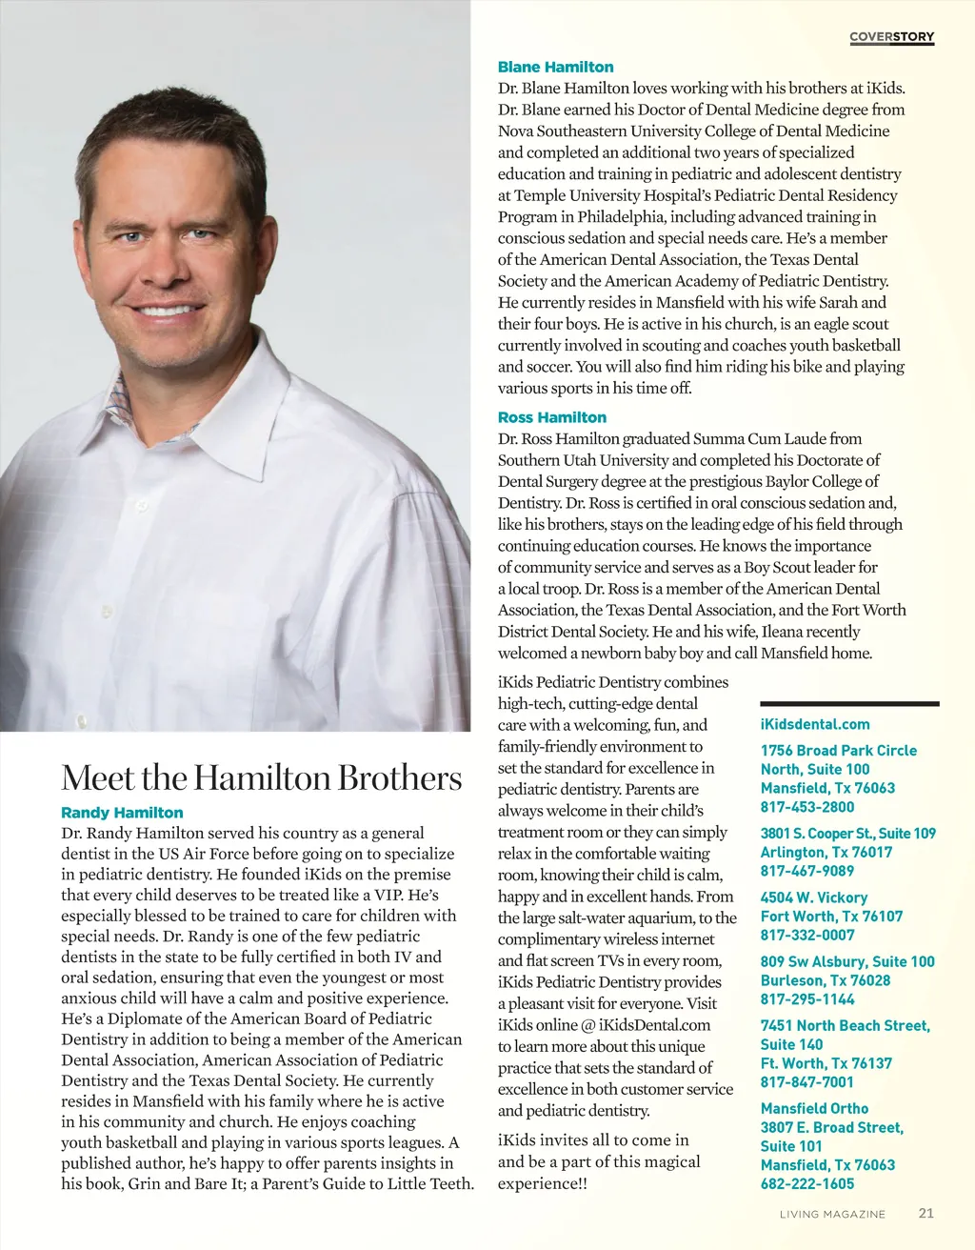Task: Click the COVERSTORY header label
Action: pos(891,37)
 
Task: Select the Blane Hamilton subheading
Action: pos(555,68)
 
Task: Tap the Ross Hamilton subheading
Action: pos(551,417)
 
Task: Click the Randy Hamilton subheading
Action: pos(122,813)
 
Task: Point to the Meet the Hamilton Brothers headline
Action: pos(261,777)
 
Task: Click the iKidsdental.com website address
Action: pos(815,724)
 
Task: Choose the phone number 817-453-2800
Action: pos(807,807)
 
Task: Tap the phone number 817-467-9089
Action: pos(807,871)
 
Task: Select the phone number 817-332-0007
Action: pos(807,935)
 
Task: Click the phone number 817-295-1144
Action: pos(807,999)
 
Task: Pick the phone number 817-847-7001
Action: pos(807,1082)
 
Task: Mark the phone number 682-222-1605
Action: pos(807,1184)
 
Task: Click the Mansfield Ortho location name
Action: pos(814,1109)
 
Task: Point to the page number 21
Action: pos(925,1214)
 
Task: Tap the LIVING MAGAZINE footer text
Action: pos(832,1215)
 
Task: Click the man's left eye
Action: pos(200,234)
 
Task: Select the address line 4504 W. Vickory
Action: pos(814,897)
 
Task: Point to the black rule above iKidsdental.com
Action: pos(849,704)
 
